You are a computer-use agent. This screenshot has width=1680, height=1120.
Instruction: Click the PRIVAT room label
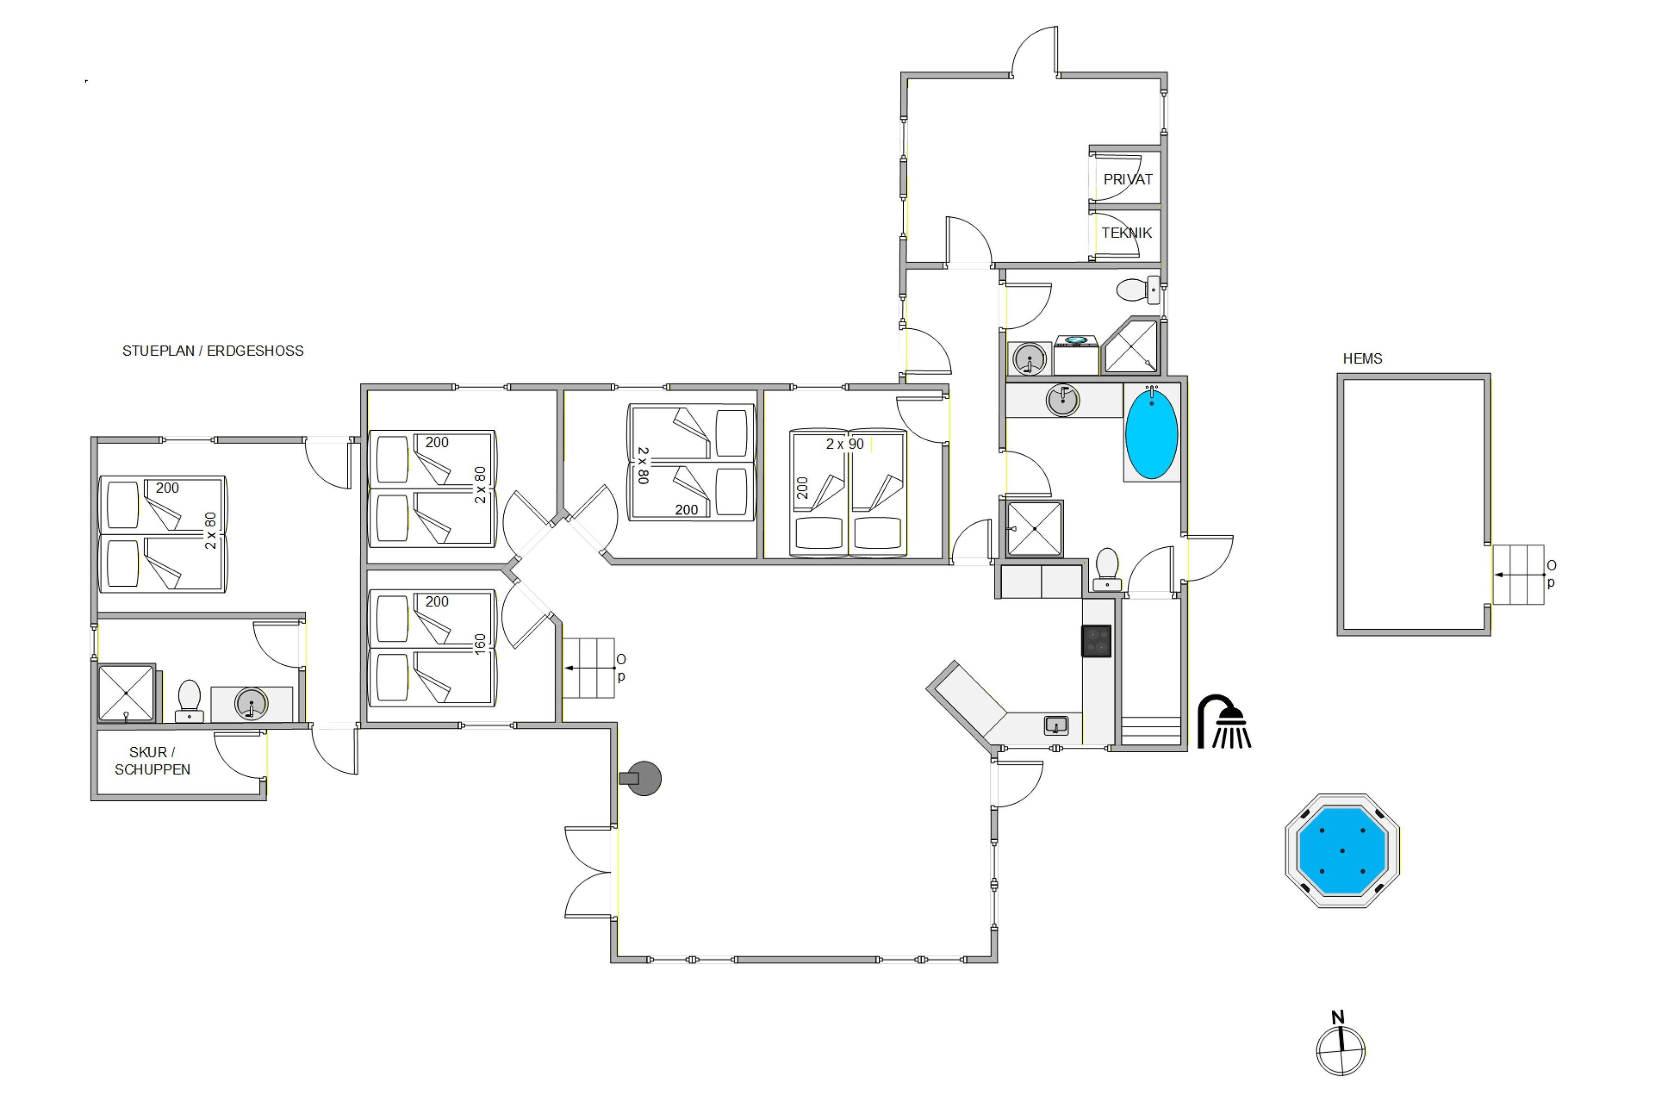[1128, 179]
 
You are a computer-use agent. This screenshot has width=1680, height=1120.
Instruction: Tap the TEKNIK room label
[1126, 233]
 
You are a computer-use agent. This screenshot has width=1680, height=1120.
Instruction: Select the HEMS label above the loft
[1362, 359]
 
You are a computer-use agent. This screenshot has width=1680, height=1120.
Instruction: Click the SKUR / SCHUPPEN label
[152, 761]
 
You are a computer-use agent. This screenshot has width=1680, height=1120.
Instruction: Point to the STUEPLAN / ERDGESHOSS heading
[213, 351]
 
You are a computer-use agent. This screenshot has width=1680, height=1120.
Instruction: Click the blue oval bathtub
[1151, 433]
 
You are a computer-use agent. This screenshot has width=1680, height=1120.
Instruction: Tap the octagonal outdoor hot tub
[1342, 851]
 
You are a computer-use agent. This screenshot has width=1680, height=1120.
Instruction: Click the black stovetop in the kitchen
[1096, 641]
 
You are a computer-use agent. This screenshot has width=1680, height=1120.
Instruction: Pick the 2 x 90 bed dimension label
[845, 444]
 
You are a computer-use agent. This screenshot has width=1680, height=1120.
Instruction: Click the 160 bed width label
[480, 643]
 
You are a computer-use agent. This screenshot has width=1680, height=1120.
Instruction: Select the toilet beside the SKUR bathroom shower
[189, 701]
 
